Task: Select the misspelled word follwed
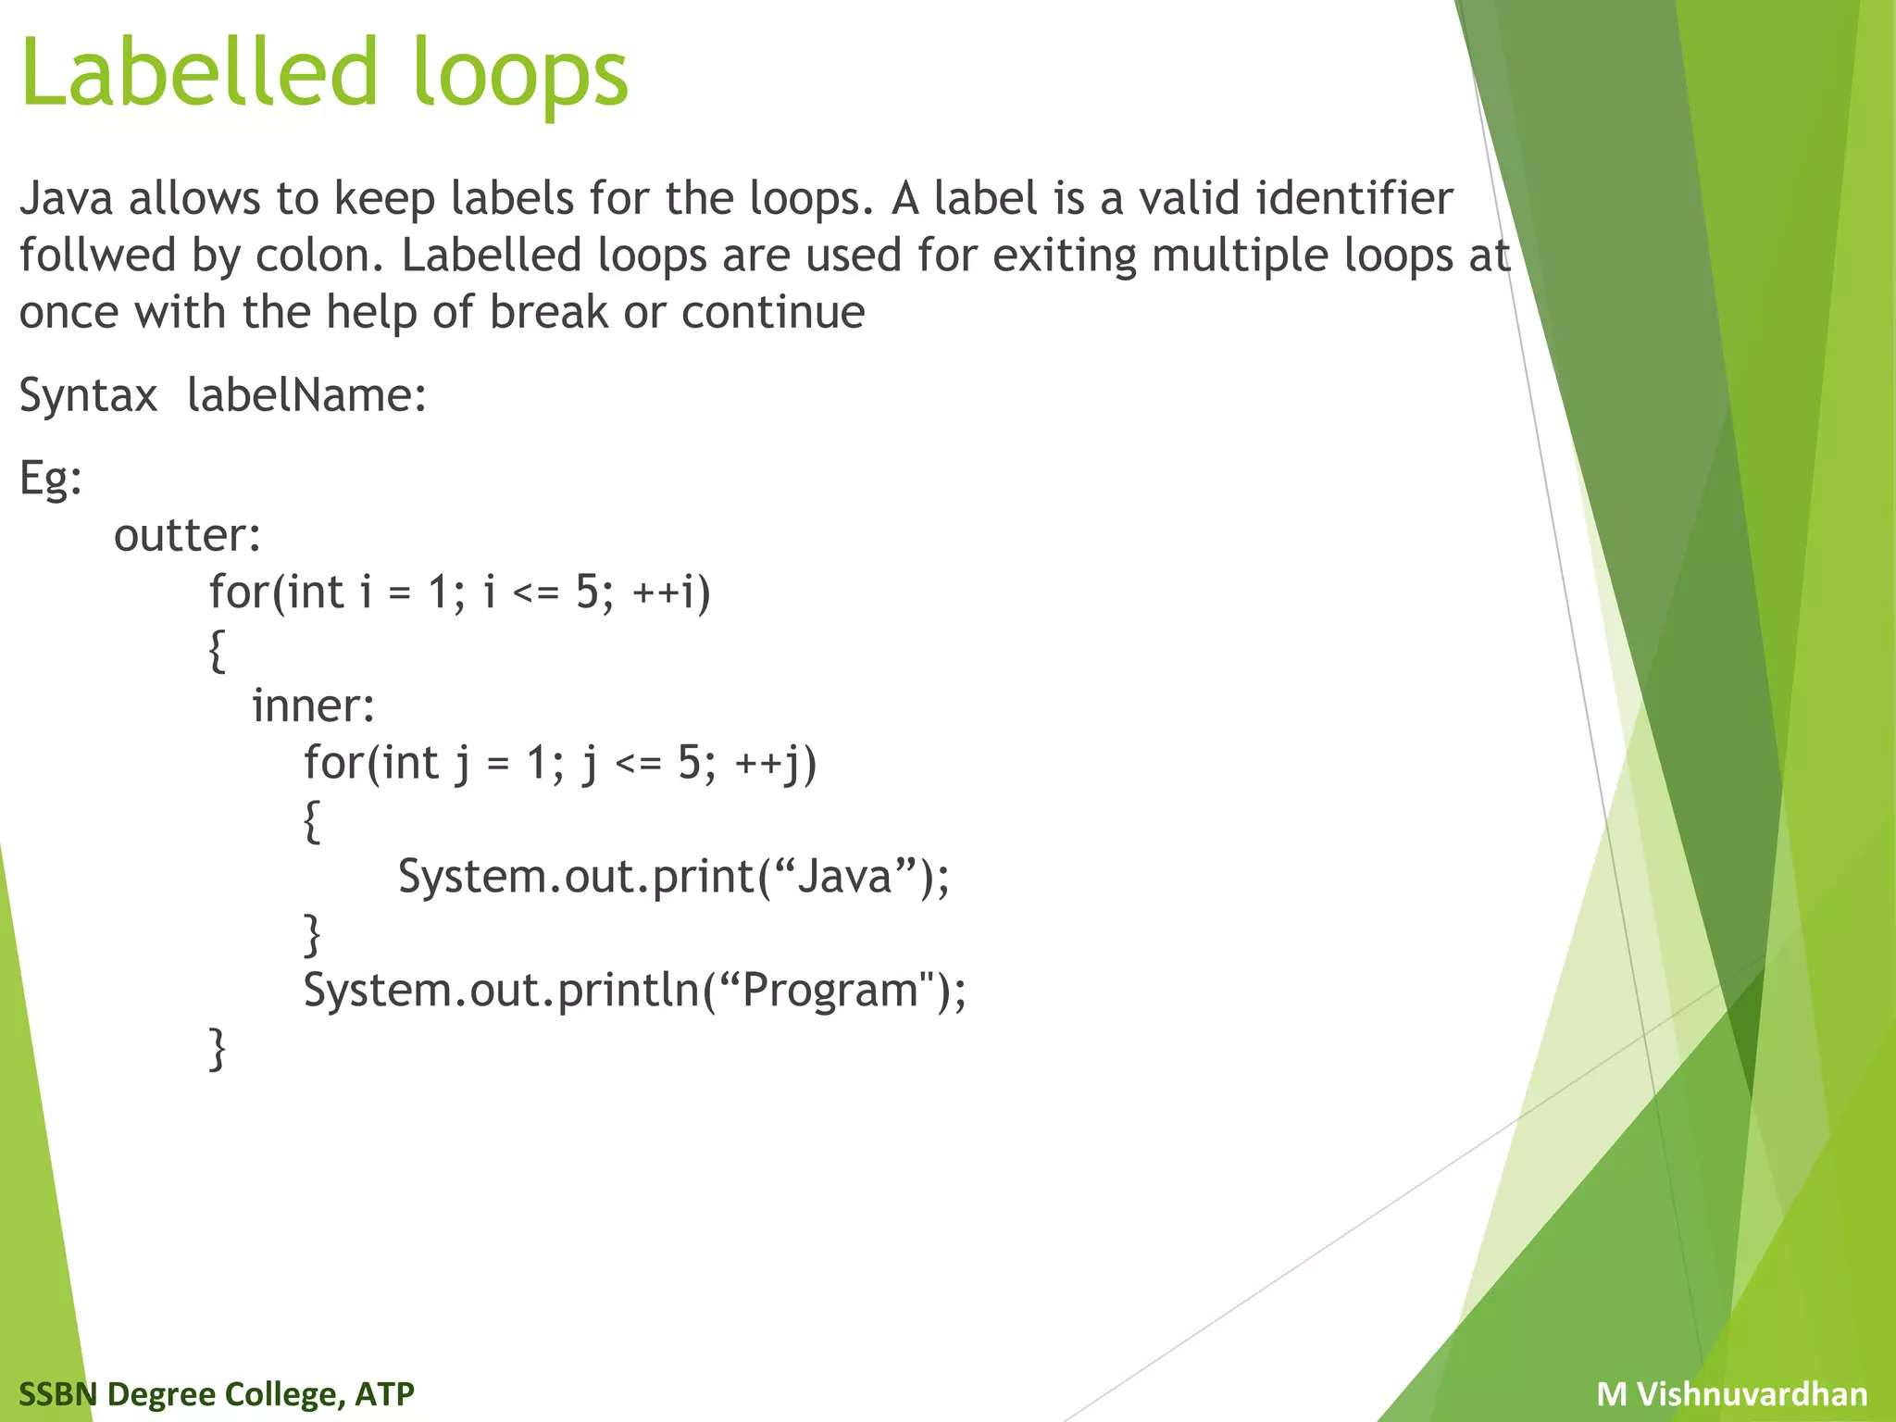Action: point(97,256)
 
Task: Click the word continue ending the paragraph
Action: point(773,312)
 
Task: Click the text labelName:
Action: point(306,395)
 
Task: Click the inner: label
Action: point(313,706)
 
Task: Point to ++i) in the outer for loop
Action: point(671,592)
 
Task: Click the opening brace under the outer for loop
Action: point(217,651)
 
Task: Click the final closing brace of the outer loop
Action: point(217,1049)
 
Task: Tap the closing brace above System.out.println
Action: point(312,934)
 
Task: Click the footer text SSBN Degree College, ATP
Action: point(216,1394)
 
